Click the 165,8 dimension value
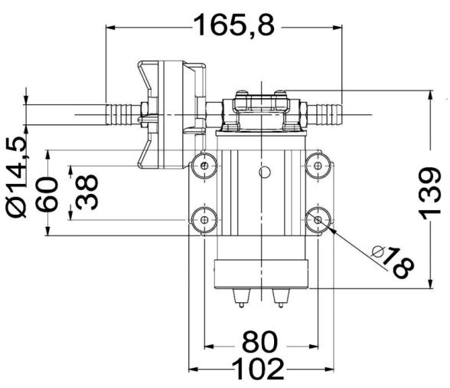click(x=234, y=25)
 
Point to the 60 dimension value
click(x=47, y=195)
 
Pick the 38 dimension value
click(x=86, y=192)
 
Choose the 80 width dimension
click(x=260, y=342)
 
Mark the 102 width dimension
click(x=258, y=370)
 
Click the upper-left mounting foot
click(x=204, y=166)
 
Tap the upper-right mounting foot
click(x=318, y=166)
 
